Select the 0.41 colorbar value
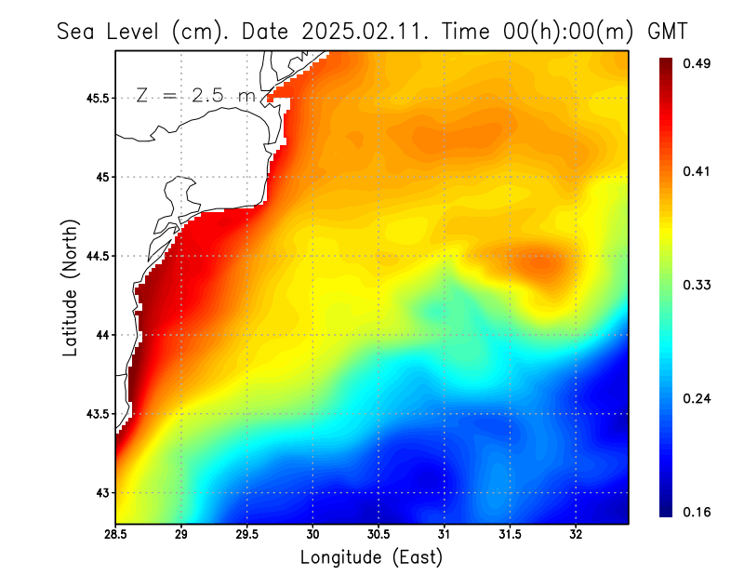click(698, 171)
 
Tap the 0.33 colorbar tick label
click(698, 285)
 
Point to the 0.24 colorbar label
click(698, 398)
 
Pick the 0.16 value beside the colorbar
click(698, 512)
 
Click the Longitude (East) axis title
click(371, 557)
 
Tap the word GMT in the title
click(667, 31)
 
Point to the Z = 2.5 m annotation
click(195, 95)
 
